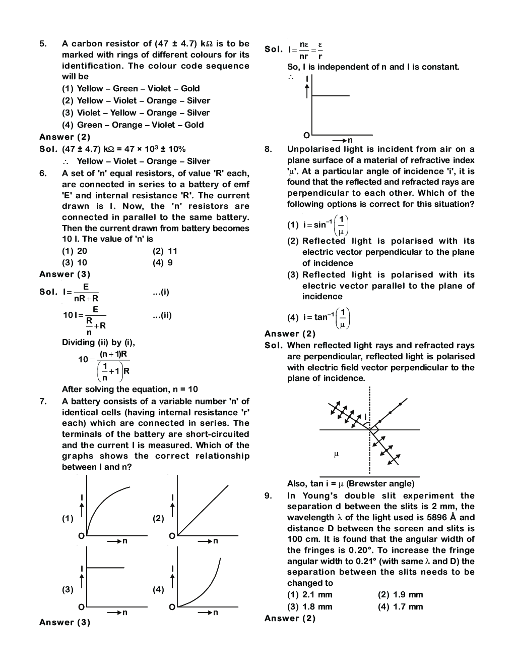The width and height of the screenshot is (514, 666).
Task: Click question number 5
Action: [43, 44]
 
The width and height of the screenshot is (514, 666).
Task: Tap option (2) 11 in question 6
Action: [165, 251]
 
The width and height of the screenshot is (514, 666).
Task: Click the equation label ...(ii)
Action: [162, 316]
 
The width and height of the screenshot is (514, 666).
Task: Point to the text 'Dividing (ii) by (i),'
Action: [98, 343]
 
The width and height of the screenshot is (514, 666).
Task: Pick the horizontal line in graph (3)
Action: [106, 568]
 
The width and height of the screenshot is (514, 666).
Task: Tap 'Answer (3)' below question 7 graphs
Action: [65, 623]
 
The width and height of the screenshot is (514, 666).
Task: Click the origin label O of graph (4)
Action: [171, 606]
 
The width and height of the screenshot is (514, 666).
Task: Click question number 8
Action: [268, 149]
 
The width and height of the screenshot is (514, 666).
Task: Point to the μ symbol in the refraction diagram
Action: [336, 455]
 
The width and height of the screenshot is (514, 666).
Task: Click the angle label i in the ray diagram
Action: [366, 417]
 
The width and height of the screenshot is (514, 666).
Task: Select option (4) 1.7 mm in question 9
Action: [400, 607]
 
